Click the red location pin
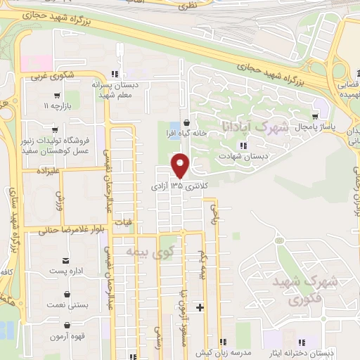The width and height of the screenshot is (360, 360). point(181,165)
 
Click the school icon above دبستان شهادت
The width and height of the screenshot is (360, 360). point(243,146)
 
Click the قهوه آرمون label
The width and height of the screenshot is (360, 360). point(67,336)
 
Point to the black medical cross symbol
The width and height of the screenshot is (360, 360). point(200,307)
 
